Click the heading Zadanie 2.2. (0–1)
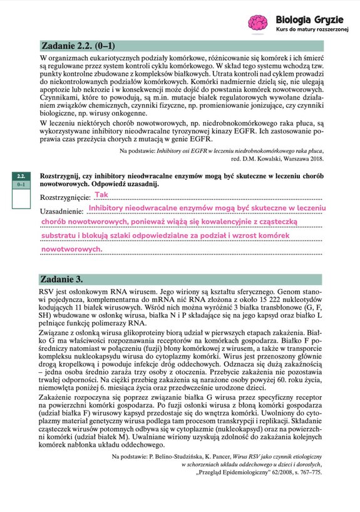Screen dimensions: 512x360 tap(78, 46)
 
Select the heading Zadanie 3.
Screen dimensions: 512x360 tap(61, 278)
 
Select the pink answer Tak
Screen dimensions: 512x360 tap(101, 195)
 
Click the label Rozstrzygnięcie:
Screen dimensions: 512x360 tap(65, 197)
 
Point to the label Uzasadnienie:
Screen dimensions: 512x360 tap(62, 211)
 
